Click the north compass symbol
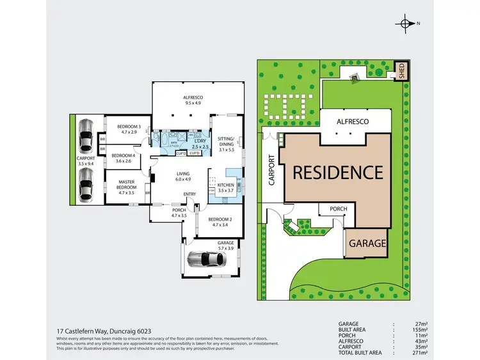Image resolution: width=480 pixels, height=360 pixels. click(405, 24)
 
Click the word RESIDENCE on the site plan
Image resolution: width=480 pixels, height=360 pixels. click(338, 172)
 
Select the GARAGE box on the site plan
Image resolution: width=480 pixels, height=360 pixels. click(367, 244)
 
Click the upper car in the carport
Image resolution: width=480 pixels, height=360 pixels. click(84, 136)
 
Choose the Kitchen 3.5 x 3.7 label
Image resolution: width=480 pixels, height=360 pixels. click(227, 187)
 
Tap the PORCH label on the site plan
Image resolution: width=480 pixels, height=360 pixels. click(338, 209)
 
